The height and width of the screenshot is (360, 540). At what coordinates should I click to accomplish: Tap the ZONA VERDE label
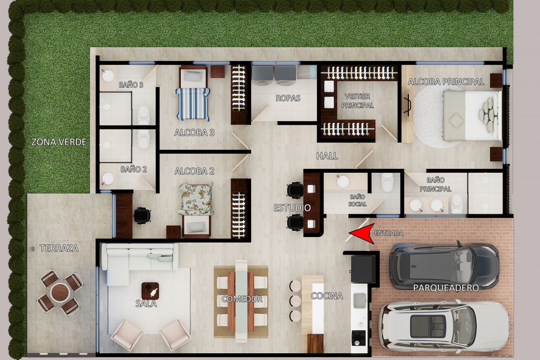[x=59, y=142]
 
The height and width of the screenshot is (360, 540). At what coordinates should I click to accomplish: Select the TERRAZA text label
[x=59, y=248]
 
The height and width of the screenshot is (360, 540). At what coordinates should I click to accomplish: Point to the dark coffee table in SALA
[x=150, y=291]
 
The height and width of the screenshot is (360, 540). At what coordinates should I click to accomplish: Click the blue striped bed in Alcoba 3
[x=193, y=104]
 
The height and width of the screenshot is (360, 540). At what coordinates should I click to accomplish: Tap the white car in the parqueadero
[x=443, y=326]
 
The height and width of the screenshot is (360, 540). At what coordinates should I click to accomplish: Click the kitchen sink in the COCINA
[x=360, y=301]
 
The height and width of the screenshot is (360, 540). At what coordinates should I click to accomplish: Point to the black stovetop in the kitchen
[x=359, y=338]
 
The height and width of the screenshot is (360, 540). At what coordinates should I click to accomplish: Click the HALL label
[x=327, y=156]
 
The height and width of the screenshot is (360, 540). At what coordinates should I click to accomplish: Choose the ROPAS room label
[x=288, y=98]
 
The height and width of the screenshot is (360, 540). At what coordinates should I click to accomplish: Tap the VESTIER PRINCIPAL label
[x=357, y=101]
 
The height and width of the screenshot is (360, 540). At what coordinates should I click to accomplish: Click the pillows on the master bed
[x=489, y=115]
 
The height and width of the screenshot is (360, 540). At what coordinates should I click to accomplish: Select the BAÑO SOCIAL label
[x=357, y=200]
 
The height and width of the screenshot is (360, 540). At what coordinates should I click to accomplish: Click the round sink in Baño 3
[x=108, y=76]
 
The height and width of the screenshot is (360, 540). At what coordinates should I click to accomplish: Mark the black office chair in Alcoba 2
[x=142, y=215]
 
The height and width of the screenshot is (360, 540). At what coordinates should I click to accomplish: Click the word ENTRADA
[x=389, y=233]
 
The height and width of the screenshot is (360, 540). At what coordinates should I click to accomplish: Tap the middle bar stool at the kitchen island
[x=295, y=301]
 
